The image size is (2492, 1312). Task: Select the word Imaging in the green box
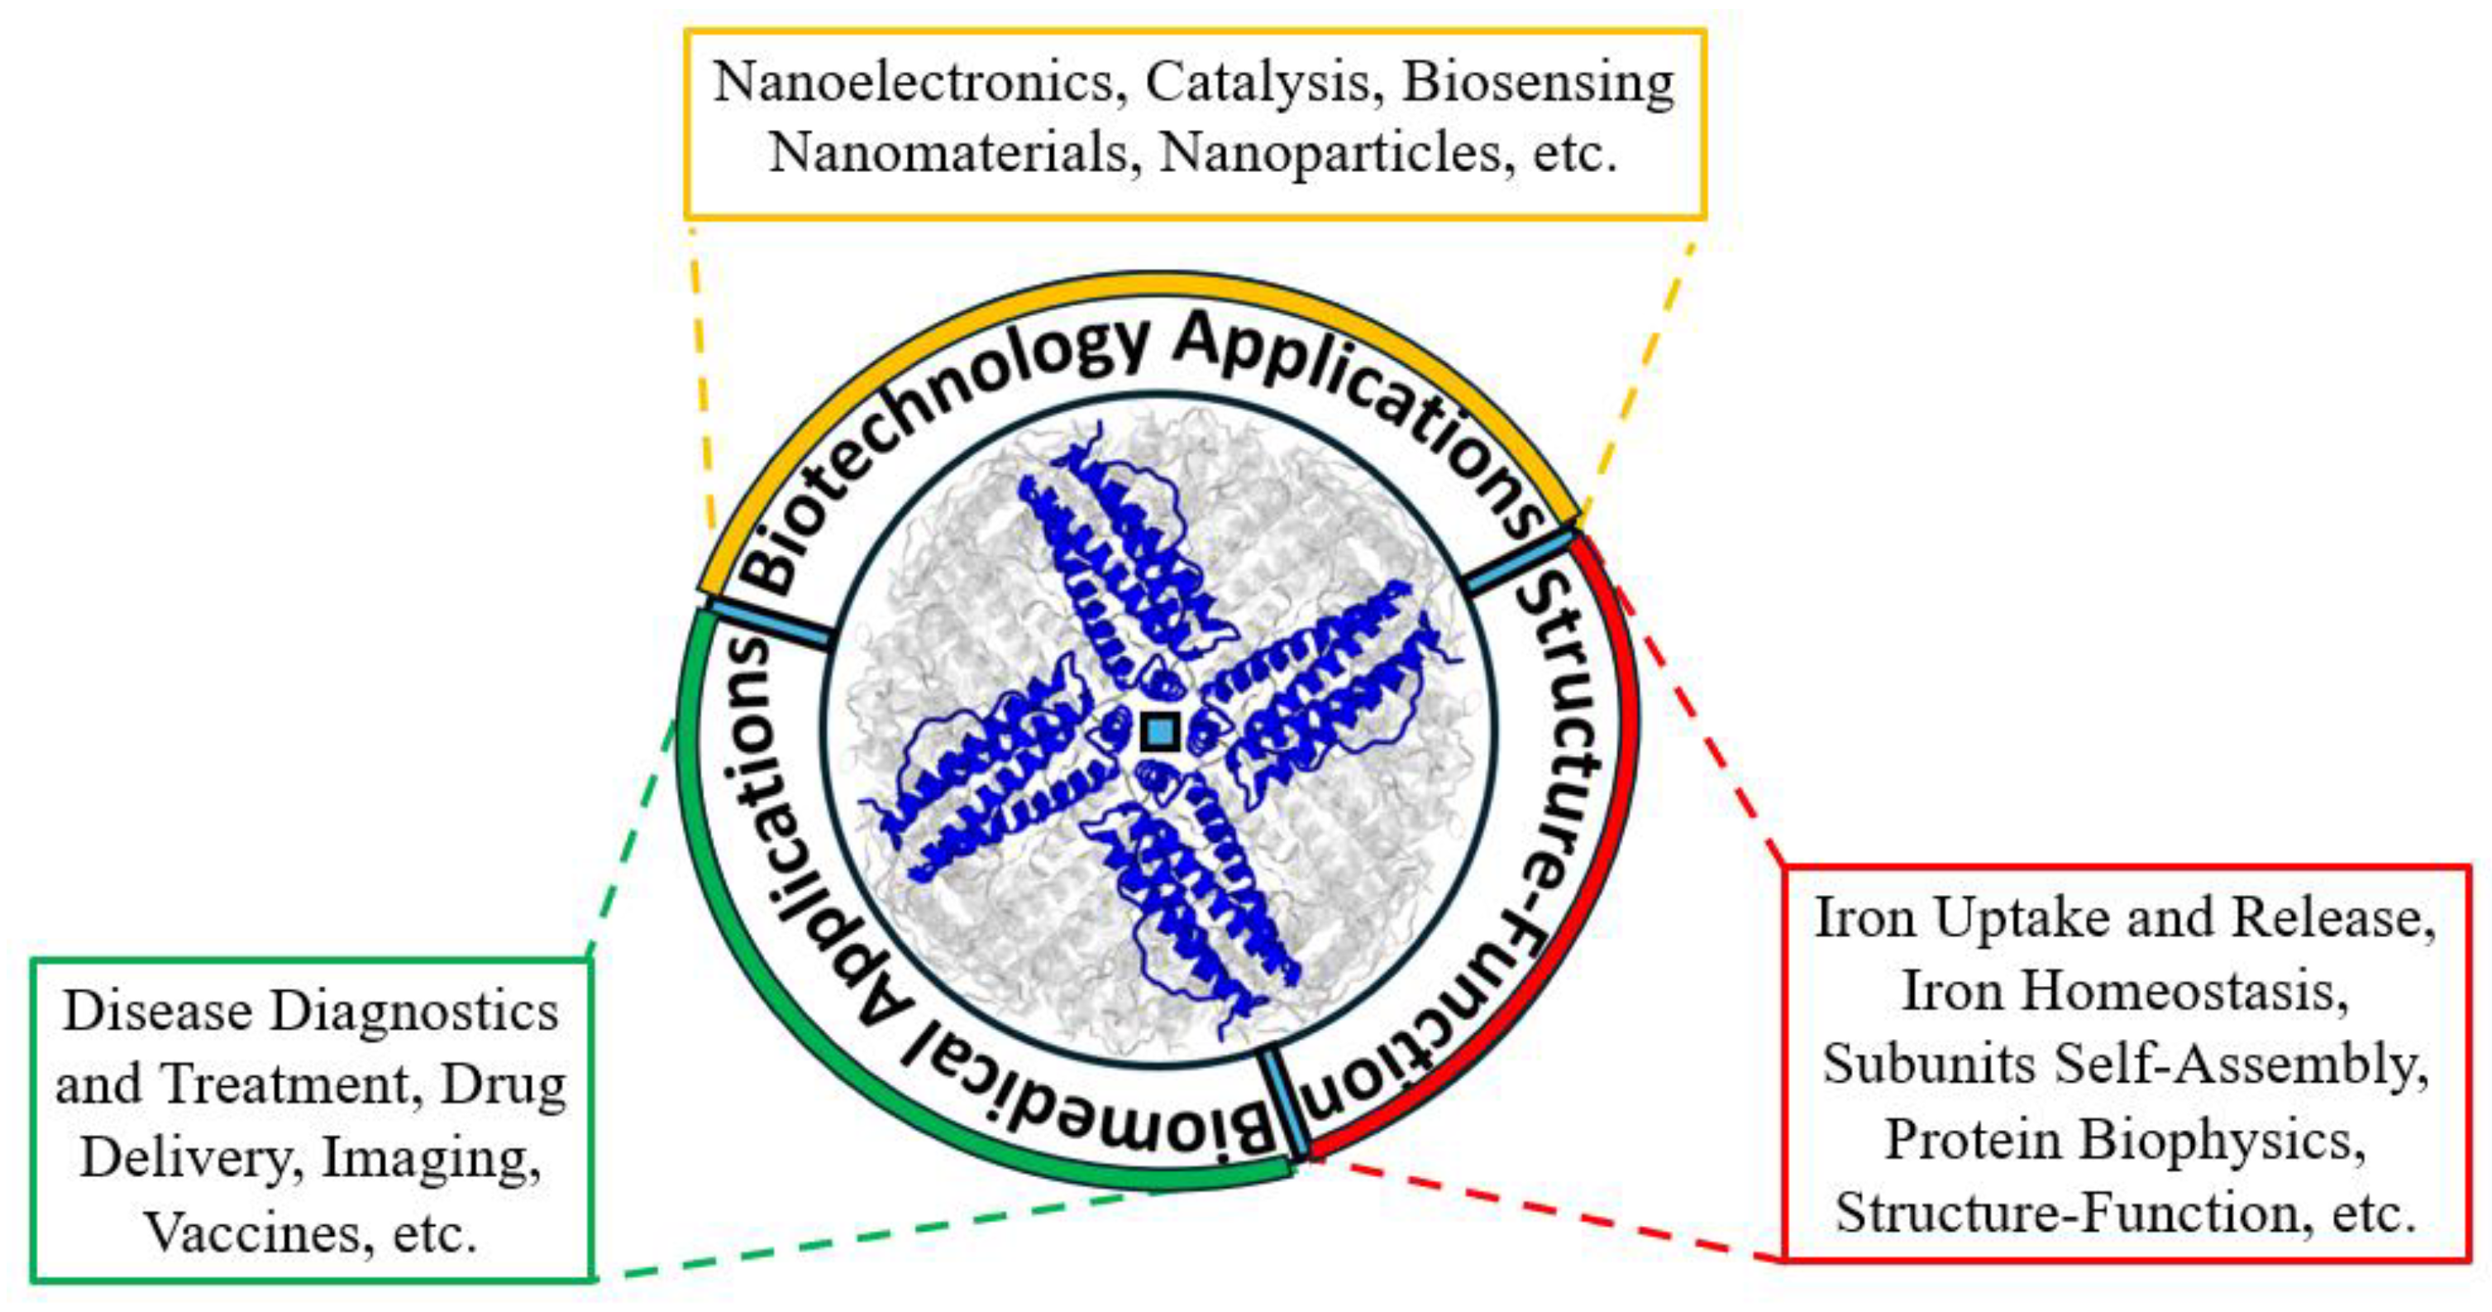pos(431,1159)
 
